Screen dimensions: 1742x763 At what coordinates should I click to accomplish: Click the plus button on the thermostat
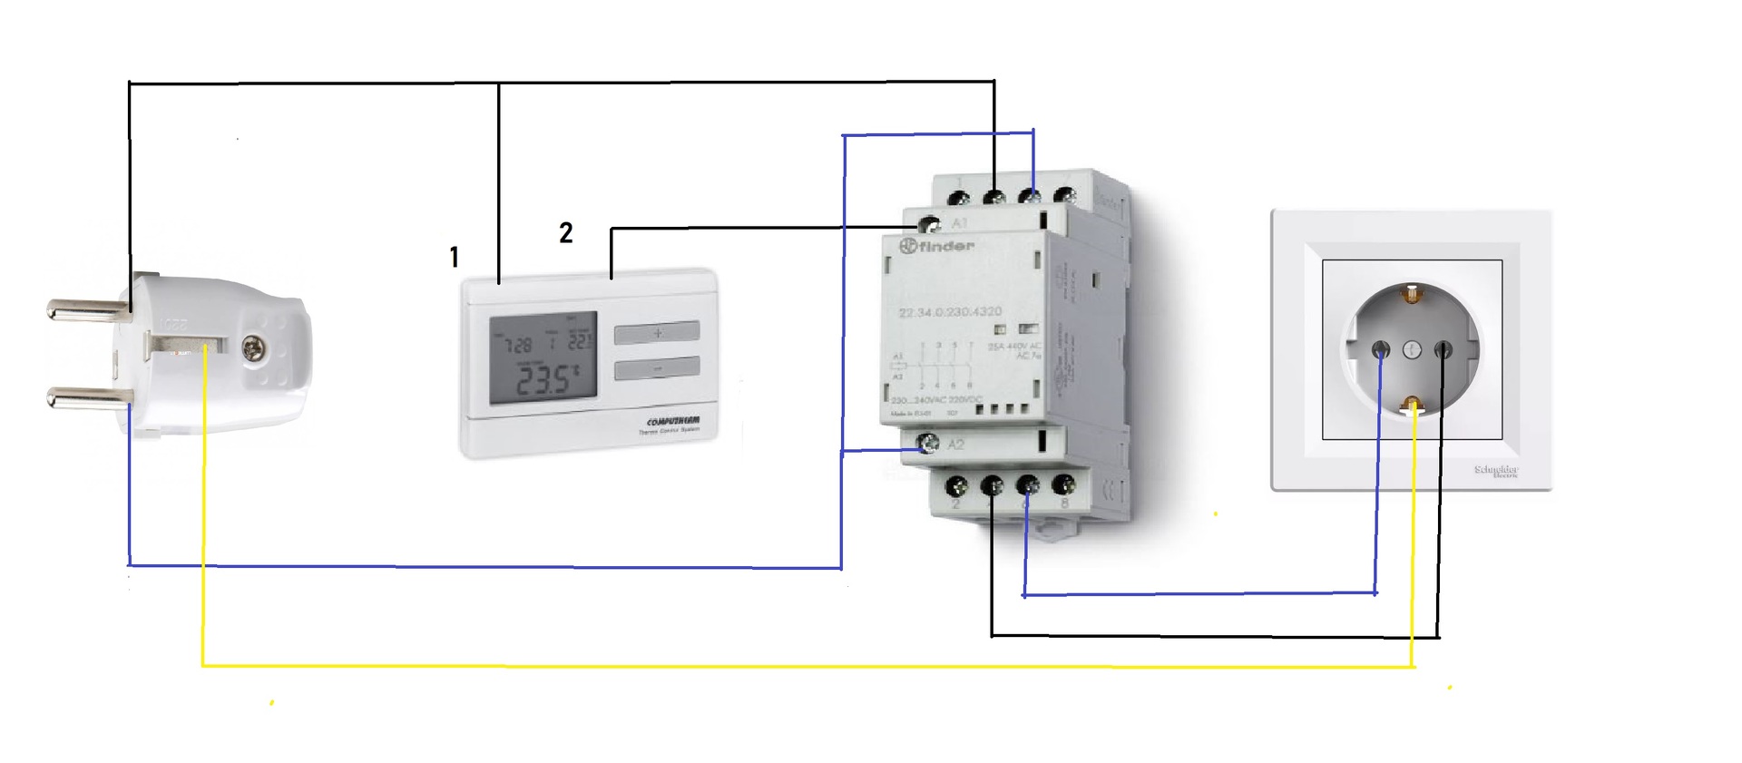tap(657, 333)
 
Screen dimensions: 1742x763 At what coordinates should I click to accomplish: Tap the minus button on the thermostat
tap(657, 368)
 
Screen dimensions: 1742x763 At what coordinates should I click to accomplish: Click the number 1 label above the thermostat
tap(454, 258)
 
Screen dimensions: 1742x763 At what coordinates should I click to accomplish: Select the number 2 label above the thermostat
tap(565, 233)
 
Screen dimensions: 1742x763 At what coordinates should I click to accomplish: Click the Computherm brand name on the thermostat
tap(672, 422)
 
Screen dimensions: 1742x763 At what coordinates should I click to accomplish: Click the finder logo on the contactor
tap(936, 246)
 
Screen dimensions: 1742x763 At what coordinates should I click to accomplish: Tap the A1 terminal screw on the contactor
tap(929, 223)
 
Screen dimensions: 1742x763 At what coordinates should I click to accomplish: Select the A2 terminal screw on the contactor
tap(928, 444)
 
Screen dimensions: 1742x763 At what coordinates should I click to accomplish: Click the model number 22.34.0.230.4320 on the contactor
tap(950, 312)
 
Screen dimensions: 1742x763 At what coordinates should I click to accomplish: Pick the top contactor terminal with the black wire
tap(994, 197)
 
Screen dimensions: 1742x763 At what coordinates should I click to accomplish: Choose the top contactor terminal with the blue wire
tap(1030, 196)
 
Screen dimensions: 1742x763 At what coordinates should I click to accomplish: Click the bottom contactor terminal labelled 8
tap(1063, 485)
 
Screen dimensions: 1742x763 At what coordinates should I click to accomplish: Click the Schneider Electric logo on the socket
tap(1496, 470)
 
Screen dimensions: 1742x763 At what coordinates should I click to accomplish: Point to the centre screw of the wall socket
tap(1412, 349)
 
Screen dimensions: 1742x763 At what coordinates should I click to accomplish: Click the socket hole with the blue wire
tap(1380, 349)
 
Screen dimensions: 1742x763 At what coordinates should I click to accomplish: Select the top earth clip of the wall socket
tap(1412, 294)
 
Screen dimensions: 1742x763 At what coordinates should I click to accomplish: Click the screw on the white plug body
tap(253, 347)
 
